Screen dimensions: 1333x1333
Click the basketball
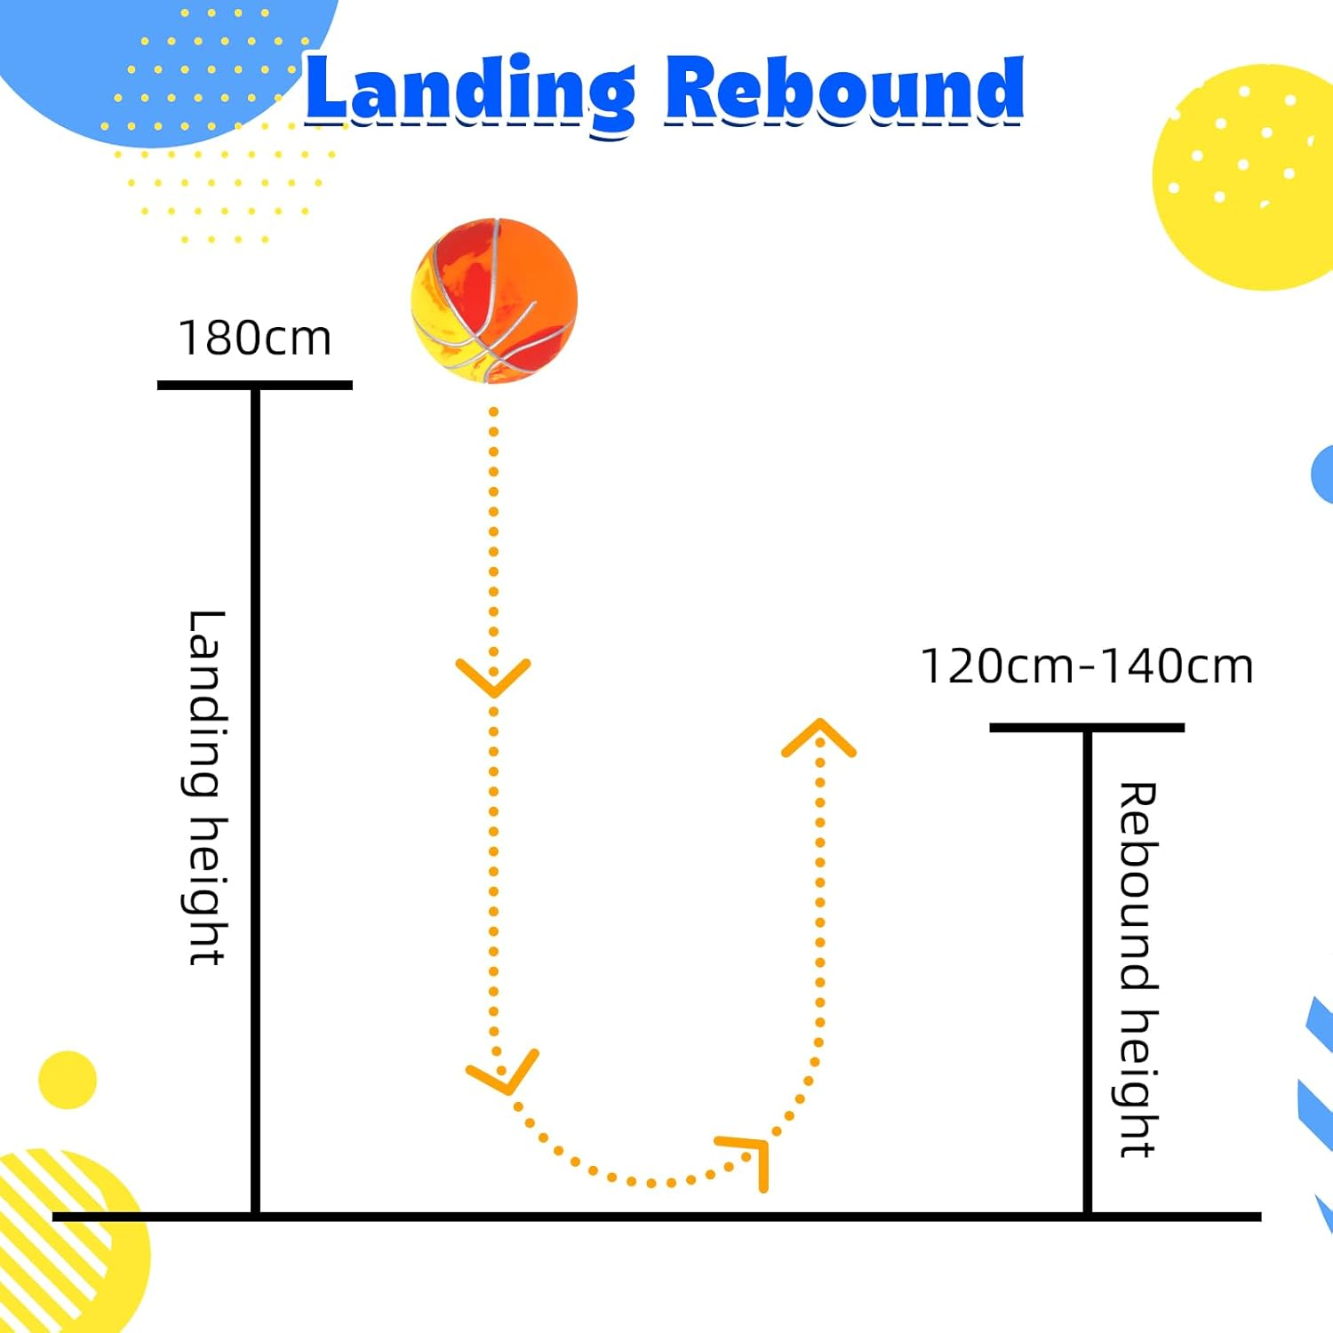click(494, 300)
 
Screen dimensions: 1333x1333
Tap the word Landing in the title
click(469, 92)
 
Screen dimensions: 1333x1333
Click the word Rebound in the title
click(844, 90)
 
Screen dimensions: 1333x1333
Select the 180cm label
click(255, 339)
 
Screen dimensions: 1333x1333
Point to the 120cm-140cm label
click(1086, 666)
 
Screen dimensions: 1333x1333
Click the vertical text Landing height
click(206, 787)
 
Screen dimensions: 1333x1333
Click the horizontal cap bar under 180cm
click(255, 385)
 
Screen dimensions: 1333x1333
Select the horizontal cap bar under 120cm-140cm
click(1086, 727)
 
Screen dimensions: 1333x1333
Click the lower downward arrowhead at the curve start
click(504, 1075)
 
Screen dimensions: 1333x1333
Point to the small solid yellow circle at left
click(68, 1080)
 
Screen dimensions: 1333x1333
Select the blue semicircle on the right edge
click(1323, 475)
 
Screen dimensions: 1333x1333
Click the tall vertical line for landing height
click(255, 800)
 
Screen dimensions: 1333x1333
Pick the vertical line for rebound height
click(1086, 969)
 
